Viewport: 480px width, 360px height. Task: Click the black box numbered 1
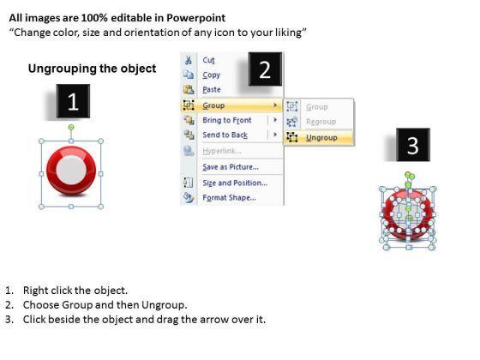coord(73,101)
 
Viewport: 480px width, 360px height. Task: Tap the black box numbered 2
coord(265,69)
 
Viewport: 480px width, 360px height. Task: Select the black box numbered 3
coord(413,145)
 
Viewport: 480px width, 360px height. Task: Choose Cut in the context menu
coord(208,60)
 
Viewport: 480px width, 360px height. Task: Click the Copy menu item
coord(211,75)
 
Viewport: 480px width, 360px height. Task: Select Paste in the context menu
coord(212,90)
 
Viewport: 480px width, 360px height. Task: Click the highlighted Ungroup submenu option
coord(321,138)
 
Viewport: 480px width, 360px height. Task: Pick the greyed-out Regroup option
coord(321,122)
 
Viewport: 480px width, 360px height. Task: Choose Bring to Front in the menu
coord(227,120)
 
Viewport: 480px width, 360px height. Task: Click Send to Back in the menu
coord(225,135)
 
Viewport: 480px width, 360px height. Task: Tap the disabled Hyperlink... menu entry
coord(222,151)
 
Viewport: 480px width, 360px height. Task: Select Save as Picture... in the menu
coord(231,167)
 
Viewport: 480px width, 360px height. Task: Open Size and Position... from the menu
coord(235,183)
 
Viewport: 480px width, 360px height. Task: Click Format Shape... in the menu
coord(230,198)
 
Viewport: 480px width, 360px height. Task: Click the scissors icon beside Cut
coord(189,60)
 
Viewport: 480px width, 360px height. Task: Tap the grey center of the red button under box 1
coord(71,170)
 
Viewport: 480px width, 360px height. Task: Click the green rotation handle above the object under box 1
coord(71,127)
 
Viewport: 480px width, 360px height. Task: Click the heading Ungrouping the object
coord(93,69)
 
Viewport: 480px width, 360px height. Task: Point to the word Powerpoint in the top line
coord(196,18)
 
